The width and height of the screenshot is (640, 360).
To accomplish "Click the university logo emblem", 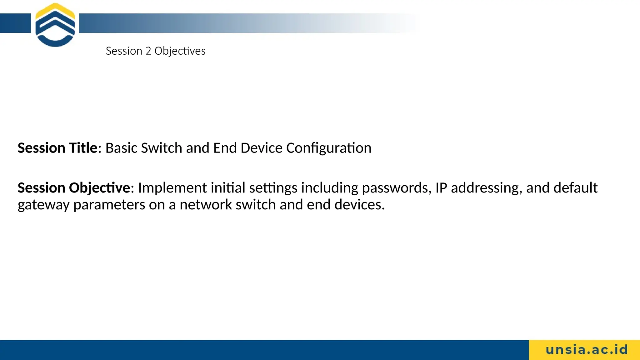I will [x=55, y=25].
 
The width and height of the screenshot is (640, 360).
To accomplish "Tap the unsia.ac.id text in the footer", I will [x=587, y=350].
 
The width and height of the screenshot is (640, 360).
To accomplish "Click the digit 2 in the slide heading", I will [x=148, y=51].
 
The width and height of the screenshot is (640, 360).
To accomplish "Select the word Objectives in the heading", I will [x=180, y=51].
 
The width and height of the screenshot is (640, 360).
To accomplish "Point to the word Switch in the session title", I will [x=162, y=148].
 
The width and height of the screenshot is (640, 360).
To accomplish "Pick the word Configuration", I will [x=329, y=148].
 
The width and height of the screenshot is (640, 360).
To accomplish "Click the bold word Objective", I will [x=99, y=188].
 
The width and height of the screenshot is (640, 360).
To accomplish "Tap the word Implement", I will [x=172, y=188].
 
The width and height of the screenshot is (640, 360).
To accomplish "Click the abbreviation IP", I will [x=441, y=188].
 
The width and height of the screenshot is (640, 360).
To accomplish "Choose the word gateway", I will [x=43, y=205].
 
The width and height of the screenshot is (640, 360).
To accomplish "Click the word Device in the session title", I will [x=262, y=148].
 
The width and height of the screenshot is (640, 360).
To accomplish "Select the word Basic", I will [x=121, y=148].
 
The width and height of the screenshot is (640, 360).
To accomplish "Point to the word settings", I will [x=273, y=188].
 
